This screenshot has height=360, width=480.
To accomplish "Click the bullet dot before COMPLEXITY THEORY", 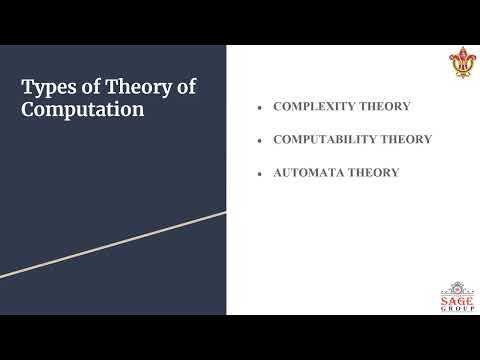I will click(259, 107).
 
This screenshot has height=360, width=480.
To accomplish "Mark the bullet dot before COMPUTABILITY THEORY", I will click(259, 140).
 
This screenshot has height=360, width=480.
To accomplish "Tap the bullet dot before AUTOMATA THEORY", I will click(259, 173).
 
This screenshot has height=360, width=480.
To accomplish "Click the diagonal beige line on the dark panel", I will click(113, 244).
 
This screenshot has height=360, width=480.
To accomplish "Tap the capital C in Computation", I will click(30, 109).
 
